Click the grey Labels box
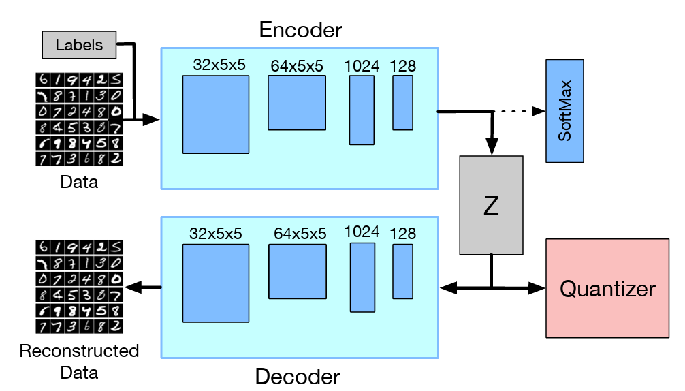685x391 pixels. click(x=80, y=45)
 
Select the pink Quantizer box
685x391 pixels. click(x=607, y=288)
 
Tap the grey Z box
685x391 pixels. click(x=492, y=205)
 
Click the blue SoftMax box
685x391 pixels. click(x=564, y=111)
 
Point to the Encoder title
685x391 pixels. click(x=300, y=31)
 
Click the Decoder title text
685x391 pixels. click(x=298, y=375)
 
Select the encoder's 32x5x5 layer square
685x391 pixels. click(x=215, y=114)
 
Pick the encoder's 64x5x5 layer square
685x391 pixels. click(x=296, y=102)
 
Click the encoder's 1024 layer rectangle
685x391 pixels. click(x=362, y=110)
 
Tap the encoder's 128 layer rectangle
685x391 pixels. click(x=402, y=102)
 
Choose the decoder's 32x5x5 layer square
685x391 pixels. click(x=216, y=283)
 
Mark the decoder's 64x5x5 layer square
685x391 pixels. click(x=298, y=272)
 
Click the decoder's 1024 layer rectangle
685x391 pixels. click(x=362, y=277)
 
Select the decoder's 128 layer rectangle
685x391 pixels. click(x=402, y=270)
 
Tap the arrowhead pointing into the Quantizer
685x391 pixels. click(x=538, y=288)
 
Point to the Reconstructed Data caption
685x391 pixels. click(x=79, y=362)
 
